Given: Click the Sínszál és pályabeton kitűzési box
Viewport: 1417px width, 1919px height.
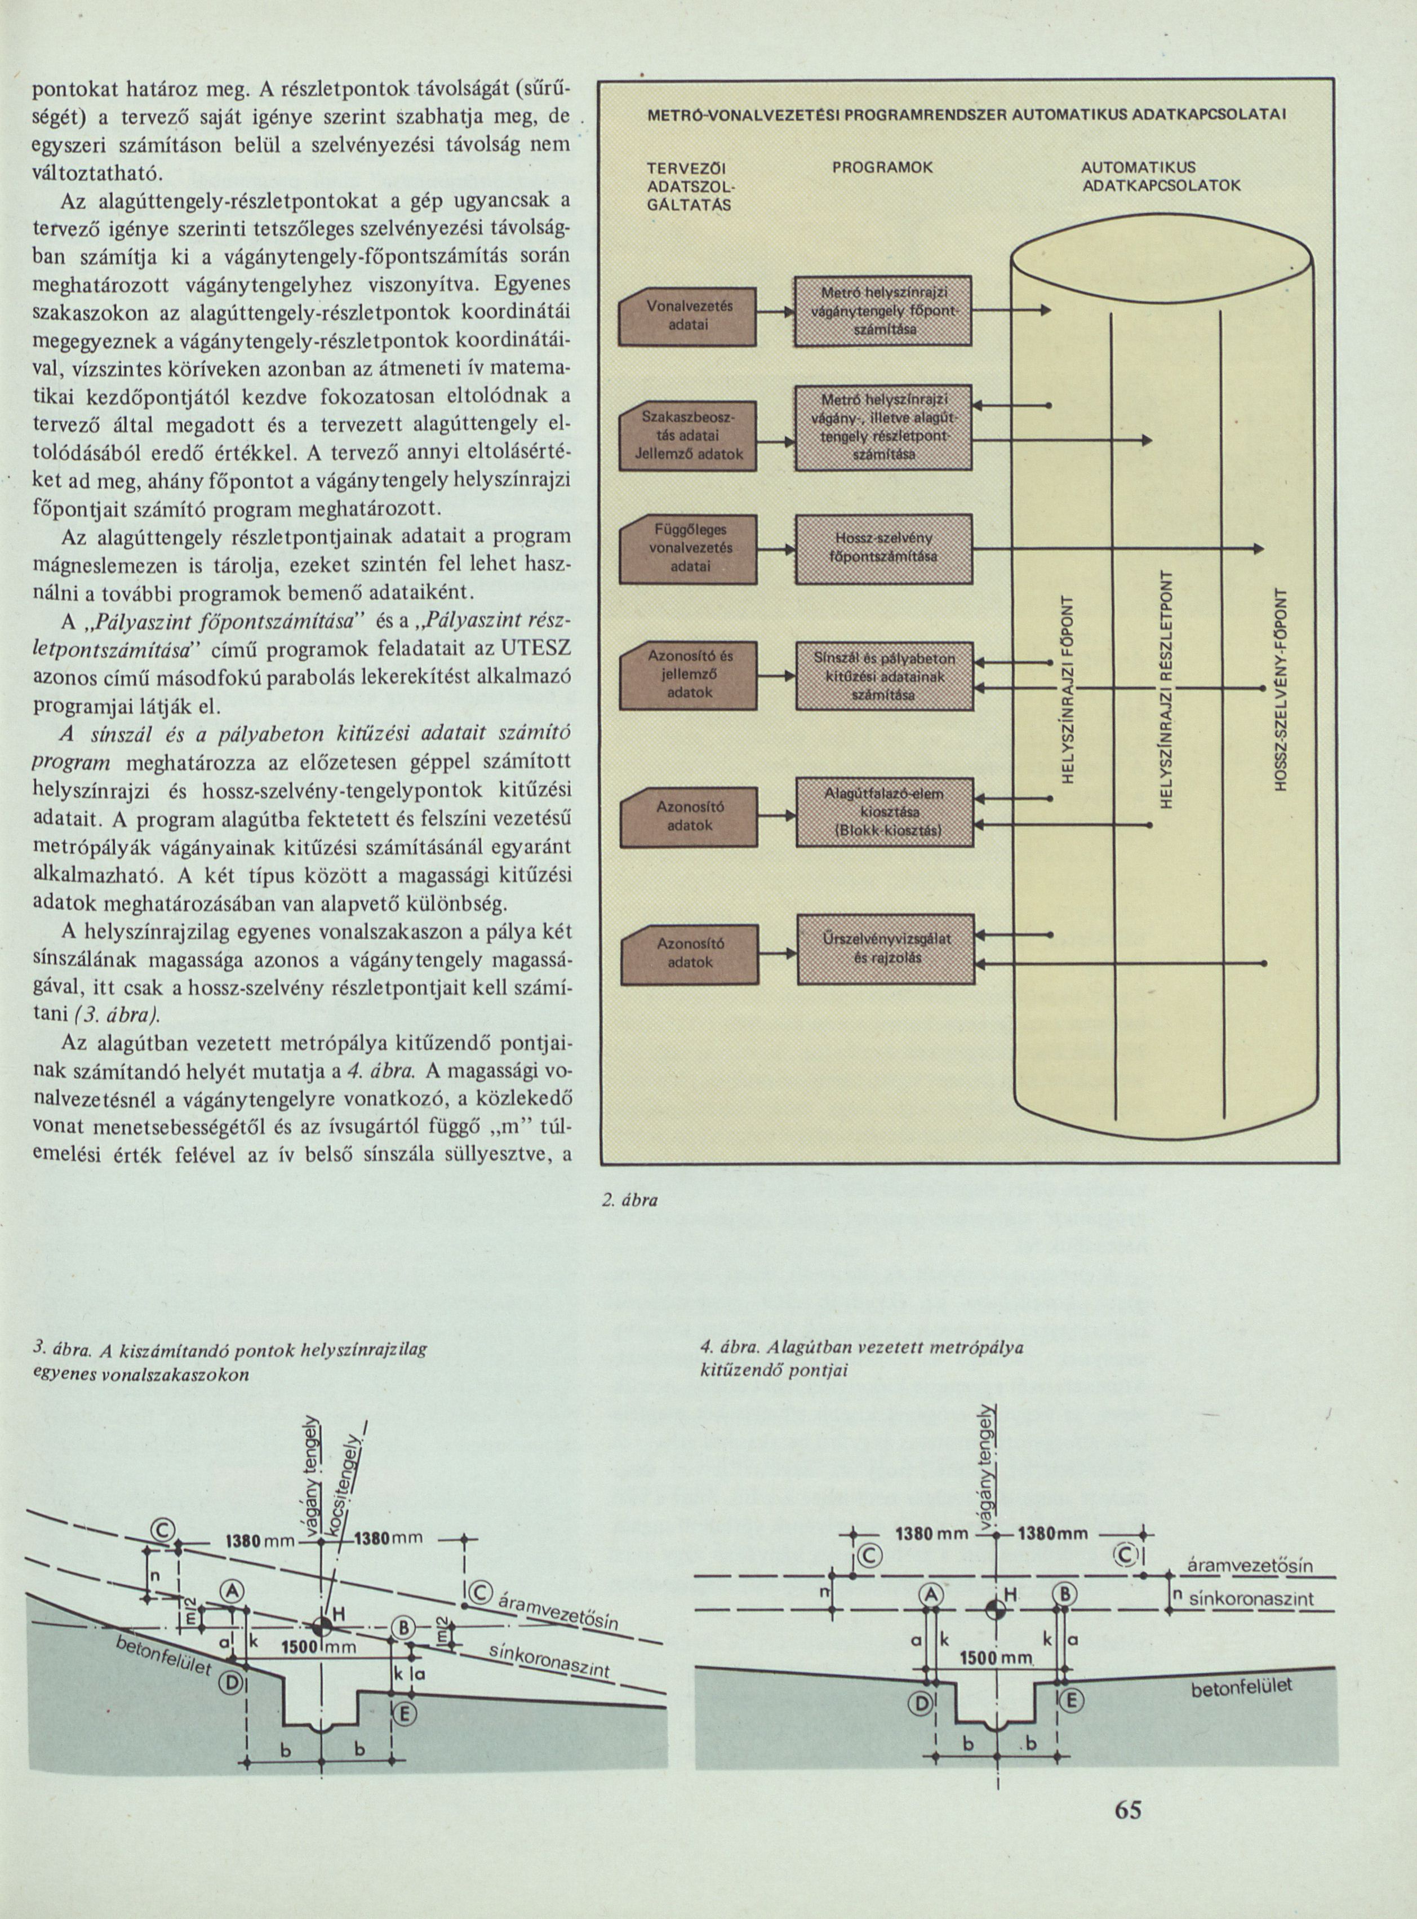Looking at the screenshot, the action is pyautogui.click(x=885, y=675).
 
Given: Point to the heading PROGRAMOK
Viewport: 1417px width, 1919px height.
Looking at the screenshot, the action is pyautogui.click(x=883, y=168).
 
